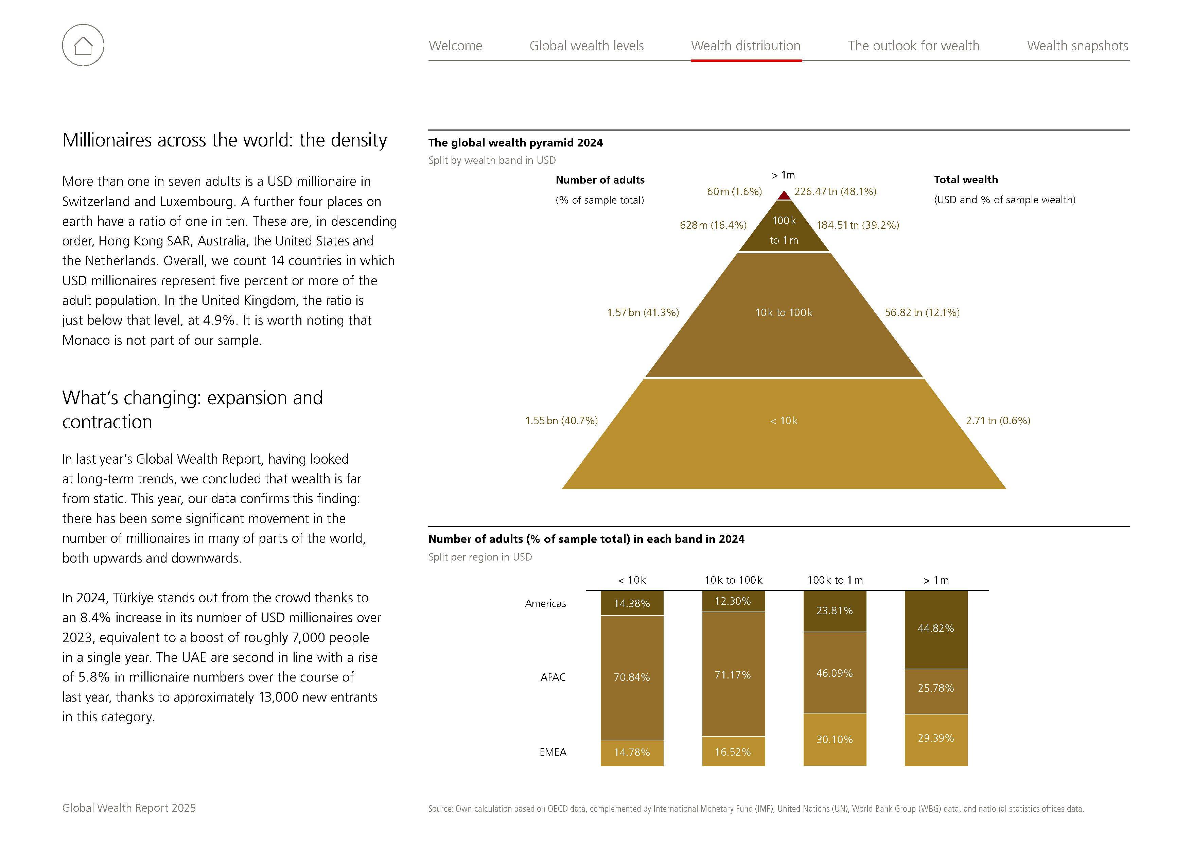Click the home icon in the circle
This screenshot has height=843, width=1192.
(83, 45)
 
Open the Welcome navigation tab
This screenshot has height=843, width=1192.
(455, 46)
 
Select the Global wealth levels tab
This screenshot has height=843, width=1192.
(586, 46)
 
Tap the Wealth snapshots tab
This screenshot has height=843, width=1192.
(1077, 46)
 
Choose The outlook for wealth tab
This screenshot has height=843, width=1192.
(913, 46)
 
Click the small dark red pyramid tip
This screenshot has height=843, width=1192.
(784, 196)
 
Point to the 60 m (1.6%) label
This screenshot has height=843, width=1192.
(734, 192)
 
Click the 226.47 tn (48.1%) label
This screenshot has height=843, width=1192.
(835, 192)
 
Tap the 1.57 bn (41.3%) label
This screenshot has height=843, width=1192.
(643, 313)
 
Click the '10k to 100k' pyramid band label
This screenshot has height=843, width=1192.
(784, 313)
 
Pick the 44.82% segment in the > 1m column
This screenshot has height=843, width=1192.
(935, 629)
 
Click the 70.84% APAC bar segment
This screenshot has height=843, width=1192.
(631, 677)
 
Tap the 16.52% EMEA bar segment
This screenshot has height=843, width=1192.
(733, 752)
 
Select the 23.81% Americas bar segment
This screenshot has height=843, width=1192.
(834, 611)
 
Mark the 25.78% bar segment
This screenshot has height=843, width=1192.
(935, 688)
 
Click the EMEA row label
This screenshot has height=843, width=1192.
(553, 752)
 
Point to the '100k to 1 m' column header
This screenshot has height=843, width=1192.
(834, 580)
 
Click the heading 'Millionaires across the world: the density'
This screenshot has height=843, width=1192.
(224, 140)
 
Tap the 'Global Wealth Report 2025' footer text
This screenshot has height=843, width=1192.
(129, 808)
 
